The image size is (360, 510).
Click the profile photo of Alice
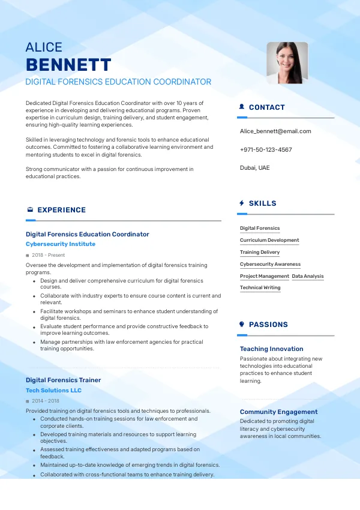coord(287,62)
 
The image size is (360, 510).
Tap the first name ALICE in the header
coord(44,47)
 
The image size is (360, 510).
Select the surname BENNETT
coord(68,65)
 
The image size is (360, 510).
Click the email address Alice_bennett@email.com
coord(275,131)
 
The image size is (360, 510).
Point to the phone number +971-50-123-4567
coord(266,149)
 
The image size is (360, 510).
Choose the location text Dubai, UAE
coord(255,167)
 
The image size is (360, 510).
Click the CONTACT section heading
coord(266,107)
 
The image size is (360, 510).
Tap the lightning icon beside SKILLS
coord(242,203)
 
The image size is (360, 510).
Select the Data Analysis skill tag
coord(308,276)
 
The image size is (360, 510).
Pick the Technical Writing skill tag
coord(260,287)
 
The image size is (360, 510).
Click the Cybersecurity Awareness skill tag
coord(270,264)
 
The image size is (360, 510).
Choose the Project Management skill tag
coord(265,276)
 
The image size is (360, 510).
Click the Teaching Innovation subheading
coord(271,349)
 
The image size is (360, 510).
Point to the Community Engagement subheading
coord(278,412)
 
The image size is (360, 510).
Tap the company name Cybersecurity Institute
coord(61,244)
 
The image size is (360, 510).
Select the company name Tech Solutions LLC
coord(53,390)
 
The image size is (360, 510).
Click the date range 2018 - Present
coord(48,255)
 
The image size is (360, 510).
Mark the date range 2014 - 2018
coord(46,401)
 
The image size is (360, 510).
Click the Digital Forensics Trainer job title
coord(63,380)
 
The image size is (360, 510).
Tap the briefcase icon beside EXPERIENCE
coord(30,210)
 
